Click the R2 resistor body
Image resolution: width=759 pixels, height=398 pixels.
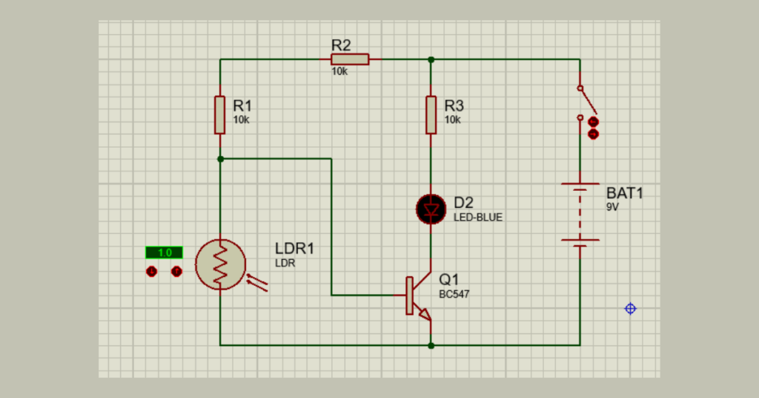coord(350,59)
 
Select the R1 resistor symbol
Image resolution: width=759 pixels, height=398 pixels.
coord(219,115)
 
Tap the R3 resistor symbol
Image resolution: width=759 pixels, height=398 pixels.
coord(431,115)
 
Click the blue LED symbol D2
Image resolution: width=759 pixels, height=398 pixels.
coord(431,209)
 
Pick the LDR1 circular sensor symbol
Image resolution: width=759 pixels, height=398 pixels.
coord(220,264)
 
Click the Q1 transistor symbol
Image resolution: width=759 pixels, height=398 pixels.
coord(418,296)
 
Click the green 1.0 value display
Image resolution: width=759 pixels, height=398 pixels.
coord(164,252)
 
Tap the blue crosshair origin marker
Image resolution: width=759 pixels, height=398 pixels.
coord(630,309)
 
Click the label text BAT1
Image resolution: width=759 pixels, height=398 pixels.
coord(624,193)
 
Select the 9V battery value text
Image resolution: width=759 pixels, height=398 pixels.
coord(612,207)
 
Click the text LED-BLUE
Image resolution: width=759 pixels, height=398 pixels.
coord(478,218)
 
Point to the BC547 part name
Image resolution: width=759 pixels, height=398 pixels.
coord(454,294)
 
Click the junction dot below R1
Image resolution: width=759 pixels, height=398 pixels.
coord(220,159)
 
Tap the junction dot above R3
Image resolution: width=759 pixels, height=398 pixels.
coord(431,59)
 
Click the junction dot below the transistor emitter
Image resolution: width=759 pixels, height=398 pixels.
coord(431,345)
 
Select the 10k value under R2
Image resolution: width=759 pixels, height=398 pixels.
coord(339,72)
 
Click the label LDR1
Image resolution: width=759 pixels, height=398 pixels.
coord(294,249)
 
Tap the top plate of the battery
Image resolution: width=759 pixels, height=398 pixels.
coord(580,183)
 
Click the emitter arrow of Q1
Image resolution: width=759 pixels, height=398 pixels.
coord(425,315)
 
